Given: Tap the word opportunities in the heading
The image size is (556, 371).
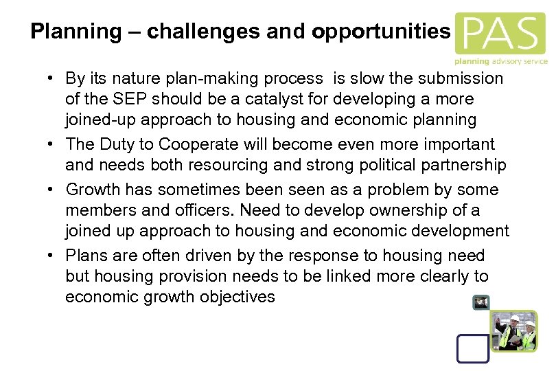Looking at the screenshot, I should pyautogui.click(x=381, y=32).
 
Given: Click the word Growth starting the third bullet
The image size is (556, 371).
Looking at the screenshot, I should pyautogui.click(x=91, y=190).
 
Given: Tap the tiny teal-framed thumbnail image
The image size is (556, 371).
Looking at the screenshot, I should pyautogui.click(x=480, y=302).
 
